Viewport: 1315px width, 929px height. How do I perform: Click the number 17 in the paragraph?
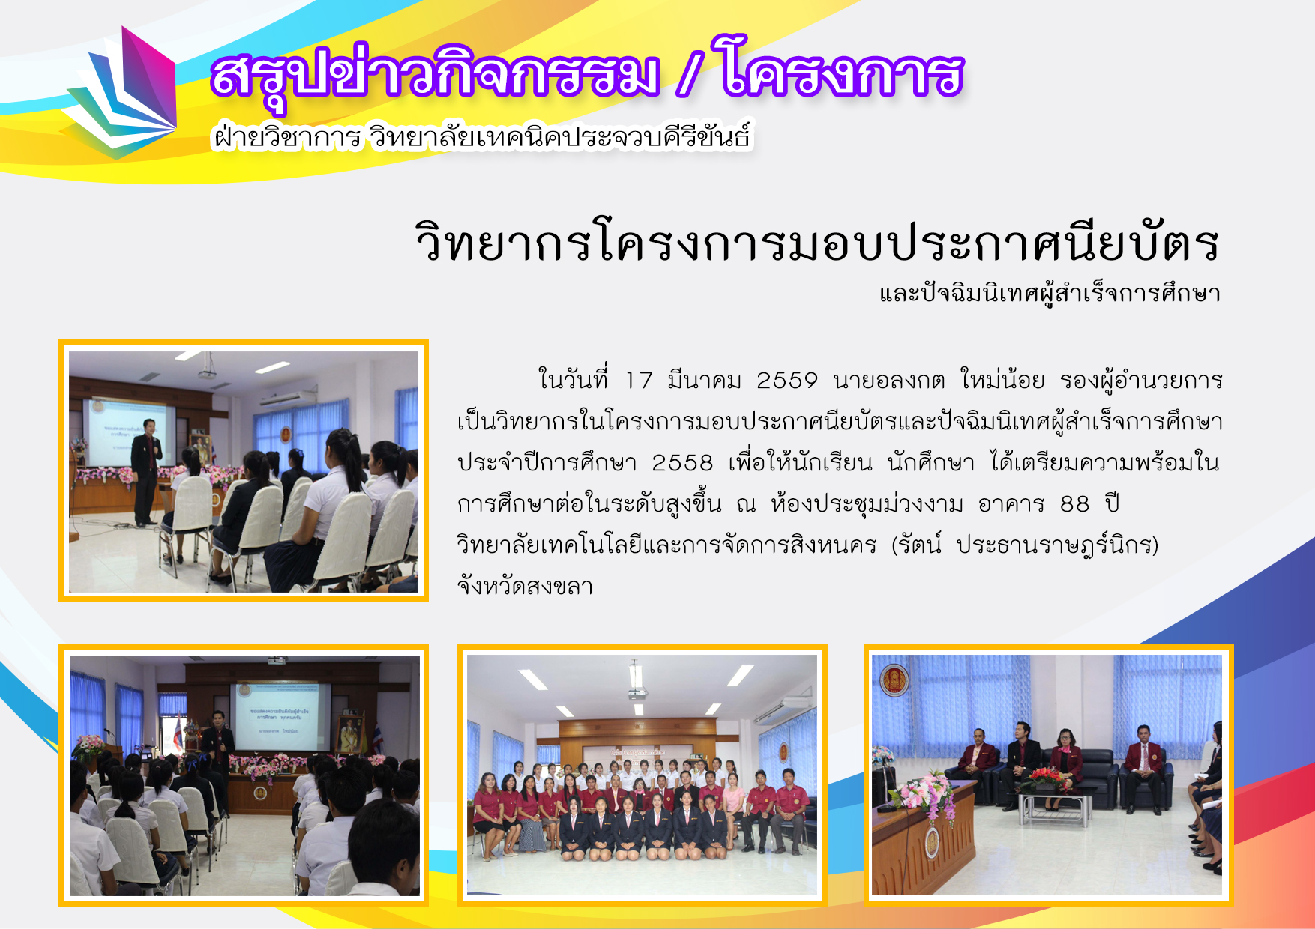tap(639, 381)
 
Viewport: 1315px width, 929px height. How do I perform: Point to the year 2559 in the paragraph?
tap(786, 381)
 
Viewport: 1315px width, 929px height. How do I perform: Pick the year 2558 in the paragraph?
tap(682, 463)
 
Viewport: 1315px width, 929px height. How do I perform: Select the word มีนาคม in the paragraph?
tap(704, 380)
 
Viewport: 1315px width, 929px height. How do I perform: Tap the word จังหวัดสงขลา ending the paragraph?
tap(525, 586)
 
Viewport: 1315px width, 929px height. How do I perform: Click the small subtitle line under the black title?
tap(1050, 293)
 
